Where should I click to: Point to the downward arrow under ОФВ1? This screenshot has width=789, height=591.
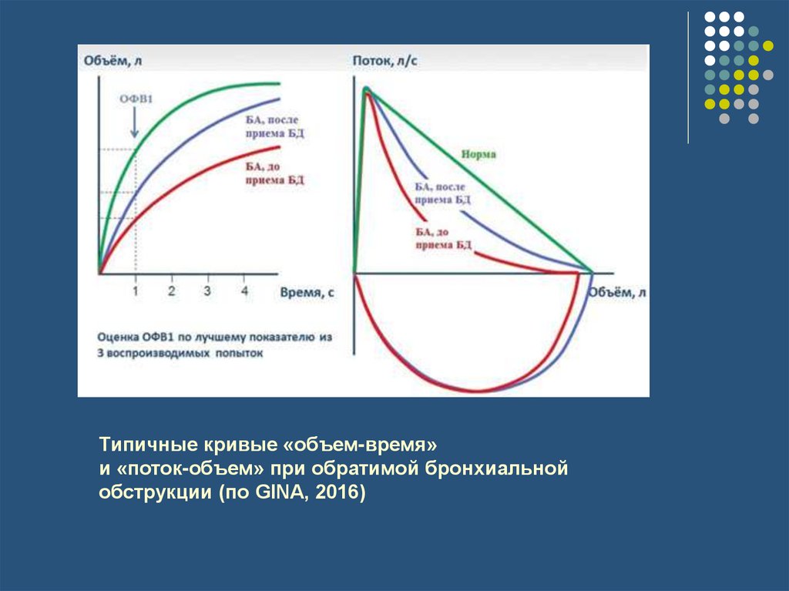[x=135, y=123]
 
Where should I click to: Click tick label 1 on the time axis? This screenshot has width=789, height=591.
[x=136, y=291]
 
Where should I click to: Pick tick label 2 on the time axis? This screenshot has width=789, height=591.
[x=171, y=291]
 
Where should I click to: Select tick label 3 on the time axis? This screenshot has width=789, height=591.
[x=207, y=291]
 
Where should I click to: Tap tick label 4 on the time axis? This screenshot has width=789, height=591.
[x=244, y=291]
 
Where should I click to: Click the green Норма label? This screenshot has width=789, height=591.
[x=478, y=154]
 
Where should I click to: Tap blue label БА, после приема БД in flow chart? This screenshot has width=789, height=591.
[x=442, y=193]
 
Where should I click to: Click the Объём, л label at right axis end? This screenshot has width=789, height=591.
[x=616, y=293]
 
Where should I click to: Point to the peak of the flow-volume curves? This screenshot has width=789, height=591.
[x=367, y=89]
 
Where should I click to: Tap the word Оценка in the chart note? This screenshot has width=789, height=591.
[x=118, y=337]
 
